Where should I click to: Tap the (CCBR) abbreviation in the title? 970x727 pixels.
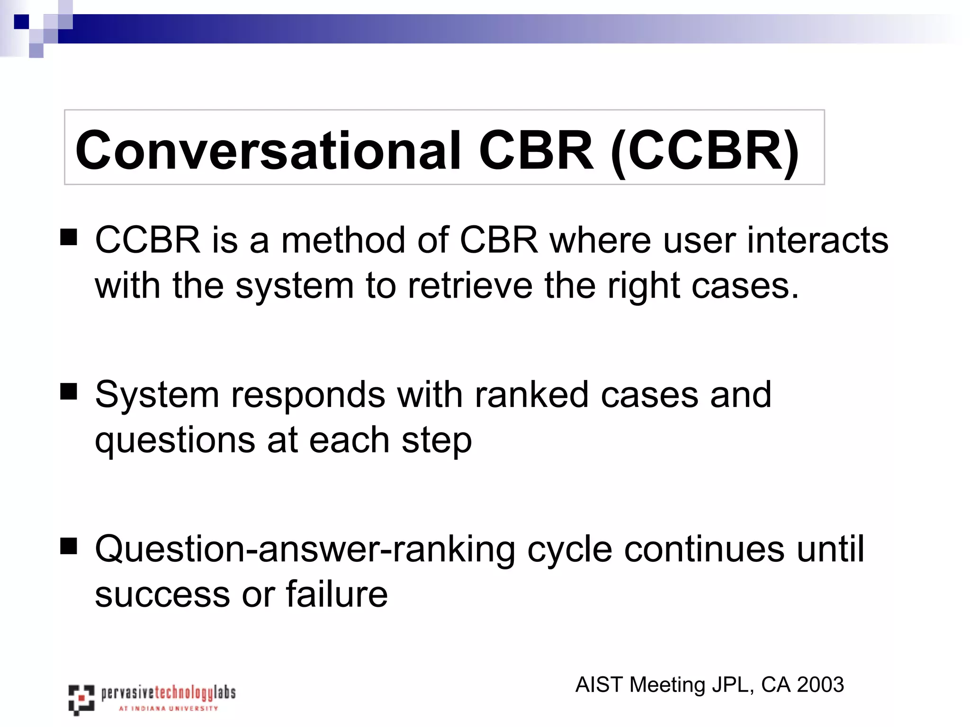tap(705, 151)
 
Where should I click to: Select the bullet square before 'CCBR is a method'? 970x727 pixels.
tap(69, 237)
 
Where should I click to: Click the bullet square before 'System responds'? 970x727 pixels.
tap(69, 391)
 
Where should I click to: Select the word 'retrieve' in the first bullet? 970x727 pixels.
tap(470, 286)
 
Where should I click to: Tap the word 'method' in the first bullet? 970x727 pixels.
tap(343, 240)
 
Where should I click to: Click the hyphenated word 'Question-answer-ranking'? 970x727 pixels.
tap(305, 549)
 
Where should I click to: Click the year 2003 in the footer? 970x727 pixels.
tap(820, 685)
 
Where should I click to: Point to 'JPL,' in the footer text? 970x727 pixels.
tap(733, 685)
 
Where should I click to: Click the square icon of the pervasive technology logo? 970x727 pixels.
tap(81, 699)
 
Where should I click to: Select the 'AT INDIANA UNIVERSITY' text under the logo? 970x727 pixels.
tap(168, 709)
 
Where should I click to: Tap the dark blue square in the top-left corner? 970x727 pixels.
tap(21, 22)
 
